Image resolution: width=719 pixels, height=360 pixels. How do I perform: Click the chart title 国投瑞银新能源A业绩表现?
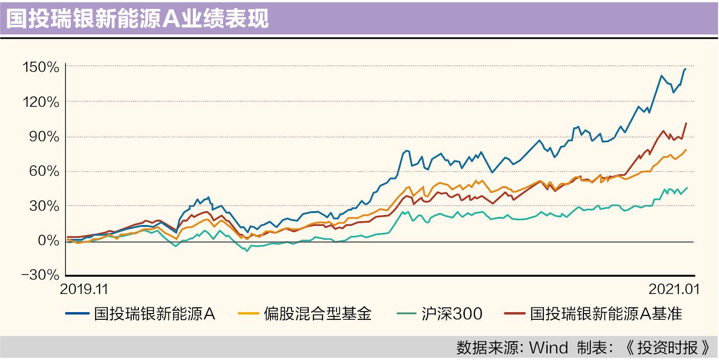137,19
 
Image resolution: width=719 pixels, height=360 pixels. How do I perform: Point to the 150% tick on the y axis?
41,67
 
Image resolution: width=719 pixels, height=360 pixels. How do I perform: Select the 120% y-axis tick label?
41,102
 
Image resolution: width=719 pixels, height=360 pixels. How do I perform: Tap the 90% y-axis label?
45,137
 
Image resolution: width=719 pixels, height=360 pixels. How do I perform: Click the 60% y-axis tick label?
45,171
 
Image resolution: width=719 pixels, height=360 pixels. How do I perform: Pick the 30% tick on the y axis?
45,206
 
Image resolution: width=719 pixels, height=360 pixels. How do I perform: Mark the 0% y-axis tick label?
49,241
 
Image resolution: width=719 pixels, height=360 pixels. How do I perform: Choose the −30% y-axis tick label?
41,276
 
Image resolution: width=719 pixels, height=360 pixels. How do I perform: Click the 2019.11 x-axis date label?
84,289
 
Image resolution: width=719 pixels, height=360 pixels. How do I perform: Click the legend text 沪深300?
452,315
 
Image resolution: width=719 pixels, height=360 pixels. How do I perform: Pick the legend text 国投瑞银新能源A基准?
606,315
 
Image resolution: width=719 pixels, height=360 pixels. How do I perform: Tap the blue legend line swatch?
78,315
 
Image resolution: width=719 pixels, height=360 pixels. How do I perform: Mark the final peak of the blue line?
685,69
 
